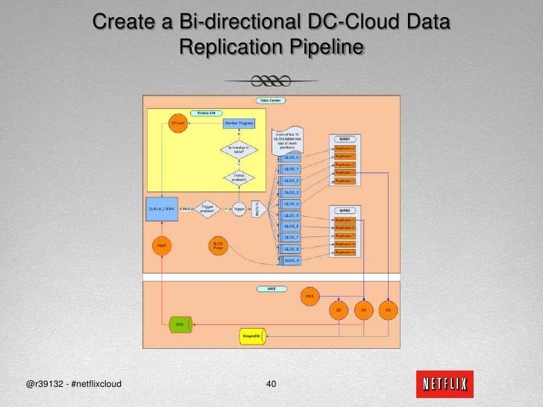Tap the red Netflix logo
click(x=445, y=385)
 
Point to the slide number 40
click(x=271, y=385)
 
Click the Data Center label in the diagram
click(x=270, y=100)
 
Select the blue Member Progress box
click(x=239, y=122)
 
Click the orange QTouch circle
click(x=178, y=122)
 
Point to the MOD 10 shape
click(x=257, y=209)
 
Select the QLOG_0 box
click(x=291, y=157)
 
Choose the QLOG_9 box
click(x=291, y=260)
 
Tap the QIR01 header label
click(x=345, y=139)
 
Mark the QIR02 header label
click(x=345, y=211)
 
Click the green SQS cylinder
click(x=179, y=324)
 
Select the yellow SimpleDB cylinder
click(x=251, y=337)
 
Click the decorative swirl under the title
click(x=271, y=81)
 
